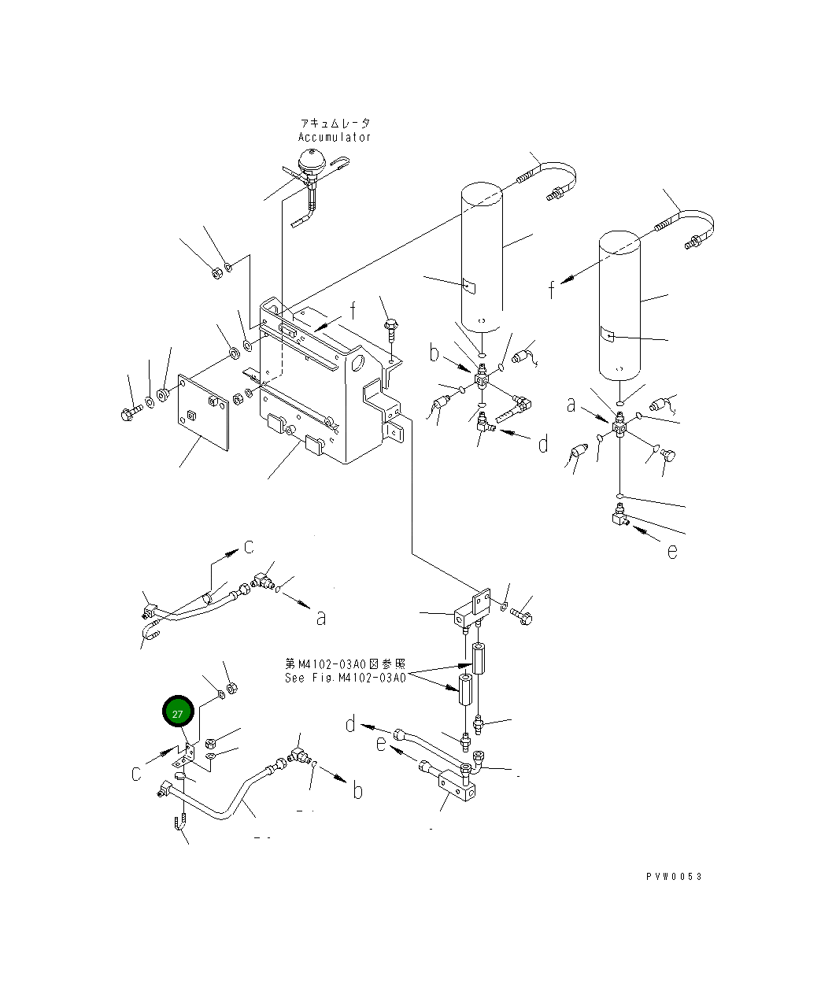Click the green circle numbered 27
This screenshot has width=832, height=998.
[178, 712]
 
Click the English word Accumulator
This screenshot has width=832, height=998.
[335, 137]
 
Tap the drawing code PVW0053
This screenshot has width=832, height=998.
[674, 876]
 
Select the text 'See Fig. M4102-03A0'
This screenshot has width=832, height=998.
[346, 678]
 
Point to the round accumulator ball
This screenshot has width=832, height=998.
[311, 161]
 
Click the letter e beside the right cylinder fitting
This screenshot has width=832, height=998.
[672, 552]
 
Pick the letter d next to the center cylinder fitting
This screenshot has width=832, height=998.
[542, 444]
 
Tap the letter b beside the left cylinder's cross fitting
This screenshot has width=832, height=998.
[434, 353]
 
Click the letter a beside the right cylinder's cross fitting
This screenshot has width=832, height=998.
[571, 405]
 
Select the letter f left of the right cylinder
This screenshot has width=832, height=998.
[552, 290]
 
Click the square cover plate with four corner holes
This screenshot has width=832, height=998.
[203, 412]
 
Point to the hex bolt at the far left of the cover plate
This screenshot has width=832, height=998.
[131, 412]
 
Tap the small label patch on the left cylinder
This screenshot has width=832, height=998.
[469, 286]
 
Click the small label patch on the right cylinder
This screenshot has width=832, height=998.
[607, 335]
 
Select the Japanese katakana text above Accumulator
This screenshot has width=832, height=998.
[335, 124]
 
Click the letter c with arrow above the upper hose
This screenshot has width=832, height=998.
[249, 546]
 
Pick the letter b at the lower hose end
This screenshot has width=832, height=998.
[357, 790]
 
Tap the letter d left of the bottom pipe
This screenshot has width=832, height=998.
[350, 724]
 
